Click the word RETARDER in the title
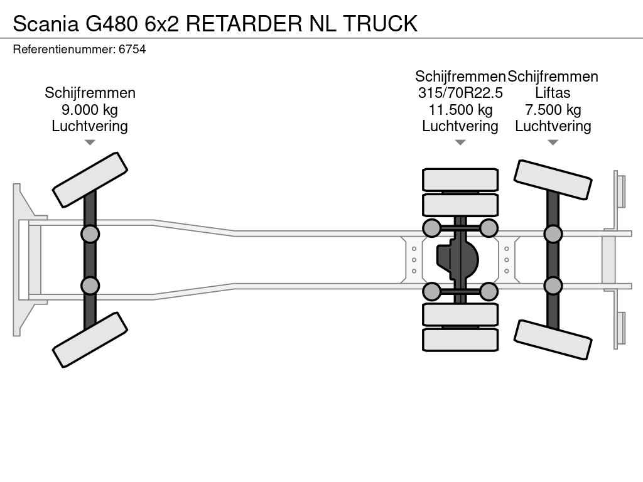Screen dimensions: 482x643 click(244, 23)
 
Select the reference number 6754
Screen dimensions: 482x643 click(132, 49)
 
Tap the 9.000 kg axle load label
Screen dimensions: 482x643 click(90, 110)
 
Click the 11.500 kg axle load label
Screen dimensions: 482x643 click(460, 110)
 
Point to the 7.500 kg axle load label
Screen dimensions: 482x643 click(553, 110)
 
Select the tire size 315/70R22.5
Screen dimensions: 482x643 click(460, 93)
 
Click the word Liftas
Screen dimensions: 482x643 click(553, 93)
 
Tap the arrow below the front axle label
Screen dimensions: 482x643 click(90, 142)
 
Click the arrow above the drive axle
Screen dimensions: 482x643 click(460, 142)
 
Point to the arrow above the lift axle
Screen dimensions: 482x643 click(553, 142)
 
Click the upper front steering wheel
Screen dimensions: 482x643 click(90, 179)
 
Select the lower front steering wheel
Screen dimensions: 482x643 click(90, 340)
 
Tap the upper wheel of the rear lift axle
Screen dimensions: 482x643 click(553, 179)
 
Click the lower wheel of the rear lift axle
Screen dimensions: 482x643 click(553, 340)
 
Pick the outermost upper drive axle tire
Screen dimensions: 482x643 click(460, 179)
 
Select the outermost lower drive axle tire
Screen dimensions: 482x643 click(460, 340)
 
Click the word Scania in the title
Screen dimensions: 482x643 click(45, 23)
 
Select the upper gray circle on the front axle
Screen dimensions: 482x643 click(90, 234)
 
